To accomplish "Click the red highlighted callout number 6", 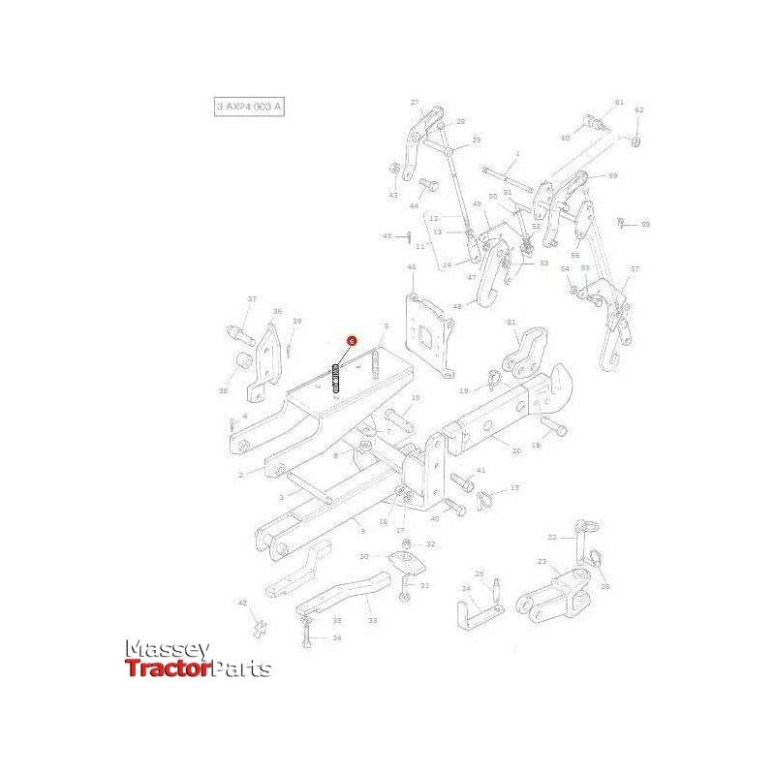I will (x=352, y=341).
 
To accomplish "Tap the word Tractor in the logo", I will (x=167, y=668).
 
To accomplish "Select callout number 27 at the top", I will (x=414, y=102).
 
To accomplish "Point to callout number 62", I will (x=639, y=110).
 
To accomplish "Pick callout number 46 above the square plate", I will (x=411, y=267).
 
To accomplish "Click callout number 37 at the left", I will (x=252, y=299).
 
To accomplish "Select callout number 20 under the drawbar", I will (x=515, y=450).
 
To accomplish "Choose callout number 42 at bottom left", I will (x=243, y=603).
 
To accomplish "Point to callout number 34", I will (x=337, y=637).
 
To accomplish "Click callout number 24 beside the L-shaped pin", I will (x=465, y=588).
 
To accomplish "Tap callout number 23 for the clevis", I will (x=542, y=562).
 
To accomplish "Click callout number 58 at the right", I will (x=646, y=225).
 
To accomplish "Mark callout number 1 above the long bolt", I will (x=517, y=153).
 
